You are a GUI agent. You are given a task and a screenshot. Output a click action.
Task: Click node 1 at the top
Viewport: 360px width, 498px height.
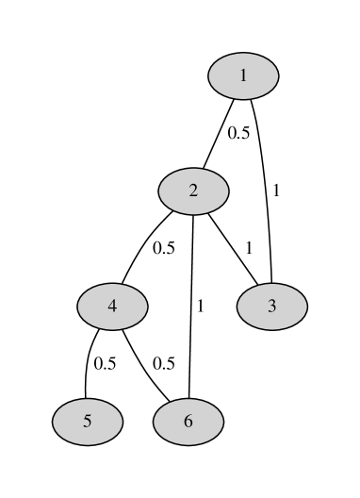click(x=243, y=75)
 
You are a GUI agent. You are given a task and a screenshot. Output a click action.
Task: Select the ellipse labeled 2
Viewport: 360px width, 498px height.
click(x=193, y=191)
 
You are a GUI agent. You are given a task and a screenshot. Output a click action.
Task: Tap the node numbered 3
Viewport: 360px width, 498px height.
click(x=271, y=306)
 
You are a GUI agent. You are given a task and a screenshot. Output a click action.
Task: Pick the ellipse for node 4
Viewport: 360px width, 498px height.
click(x=112, y=306)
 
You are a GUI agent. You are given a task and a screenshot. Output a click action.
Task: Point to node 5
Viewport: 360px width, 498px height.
click(x=87, y=421)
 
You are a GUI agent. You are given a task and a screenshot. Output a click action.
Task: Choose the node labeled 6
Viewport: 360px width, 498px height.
click(x=188, y=421)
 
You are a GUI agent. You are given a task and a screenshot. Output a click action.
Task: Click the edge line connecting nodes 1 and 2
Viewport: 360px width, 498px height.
click(x=219, y=133)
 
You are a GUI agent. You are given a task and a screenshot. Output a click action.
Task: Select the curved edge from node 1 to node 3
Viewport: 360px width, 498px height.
click(x=267, y=189)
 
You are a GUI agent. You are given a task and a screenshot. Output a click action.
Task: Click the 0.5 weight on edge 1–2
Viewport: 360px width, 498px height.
click(x=238, y=133)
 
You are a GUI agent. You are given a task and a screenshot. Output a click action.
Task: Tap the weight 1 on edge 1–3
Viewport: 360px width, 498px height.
click(x=276, y=191)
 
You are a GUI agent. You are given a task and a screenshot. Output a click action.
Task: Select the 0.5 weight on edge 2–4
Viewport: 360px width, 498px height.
click(x=164, y=249)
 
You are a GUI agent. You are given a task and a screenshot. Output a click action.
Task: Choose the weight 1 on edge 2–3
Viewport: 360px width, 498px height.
click(x=249, y=248)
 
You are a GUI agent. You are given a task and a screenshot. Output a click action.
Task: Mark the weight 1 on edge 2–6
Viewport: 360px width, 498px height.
click(x=200, y=306)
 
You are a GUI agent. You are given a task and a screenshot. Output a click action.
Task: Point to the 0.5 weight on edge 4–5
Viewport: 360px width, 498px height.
click(x=105, y=363)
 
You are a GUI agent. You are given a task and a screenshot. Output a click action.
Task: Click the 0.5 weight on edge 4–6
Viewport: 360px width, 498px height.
click(x=164, y=363)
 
